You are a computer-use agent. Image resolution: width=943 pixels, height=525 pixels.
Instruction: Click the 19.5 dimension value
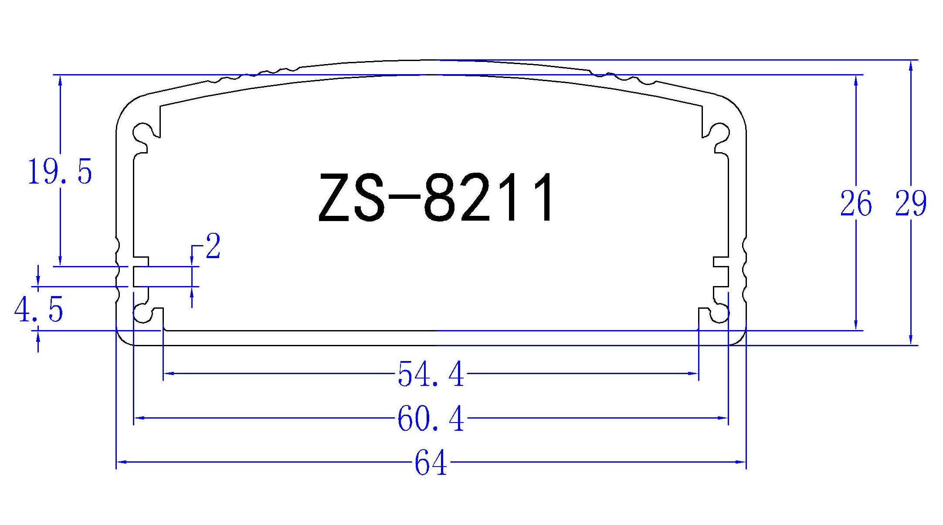point(60,172)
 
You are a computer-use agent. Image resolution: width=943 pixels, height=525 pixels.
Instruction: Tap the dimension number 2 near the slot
point(213,246)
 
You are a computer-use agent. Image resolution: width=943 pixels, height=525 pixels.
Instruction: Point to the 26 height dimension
point(855,204)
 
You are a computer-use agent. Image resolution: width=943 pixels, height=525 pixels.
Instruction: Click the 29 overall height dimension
point(910,204)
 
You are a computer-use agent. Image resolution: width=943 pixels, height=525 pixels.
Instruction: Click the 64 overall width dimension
point(431,463)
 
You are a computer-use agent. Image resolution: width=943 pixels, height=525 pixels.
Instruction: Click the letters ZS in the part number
point(352,198)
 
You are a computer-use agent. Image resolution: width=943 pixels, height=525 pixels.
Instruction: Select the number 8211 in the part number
point(489,198)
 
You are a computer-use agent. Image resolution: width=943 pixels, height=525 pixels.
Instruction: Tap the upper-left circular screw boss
point(142,132)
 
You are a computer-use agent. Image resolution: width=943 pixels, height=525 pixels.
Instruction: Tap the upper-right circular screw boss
point(719,132)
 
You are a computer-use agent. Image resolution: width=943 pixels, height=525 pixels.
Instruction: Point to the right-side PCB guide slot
point(721,276)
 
